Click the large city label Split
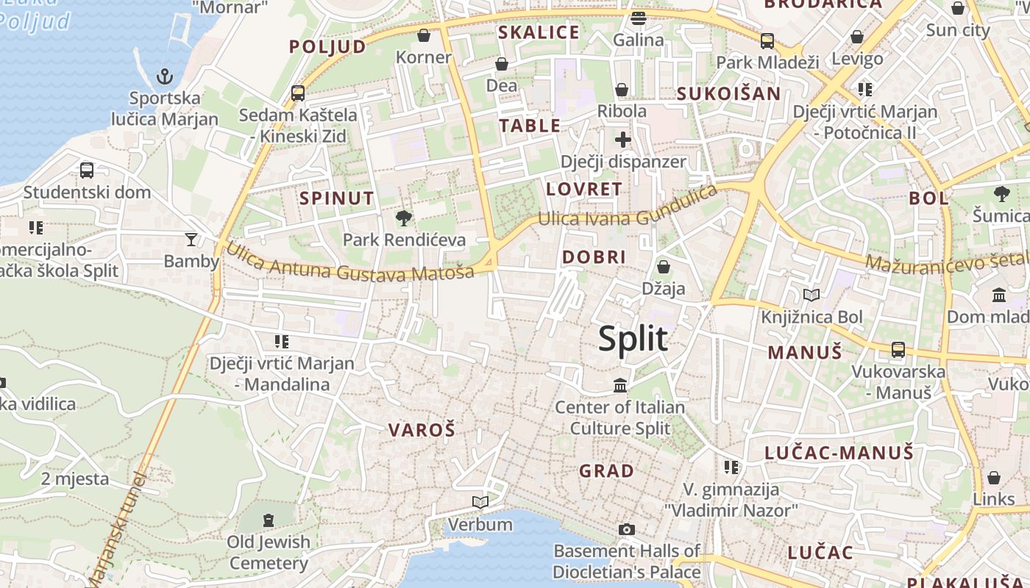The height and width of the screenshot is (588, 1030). (x=633, y=339)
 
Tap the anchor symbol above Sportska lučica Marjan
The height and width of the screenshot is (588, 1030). (x=165, y=76)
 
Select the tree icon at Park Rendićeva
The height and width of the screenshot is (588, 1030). (x=403, y=218)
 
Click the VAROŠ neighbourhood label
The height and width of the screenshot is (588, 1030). (x=422, y=430)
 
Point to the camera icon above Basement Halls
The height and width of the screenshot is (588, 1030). (x=627, y=529)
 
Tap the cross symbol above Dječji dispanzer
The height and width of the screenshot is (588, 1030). (x=623, y=139)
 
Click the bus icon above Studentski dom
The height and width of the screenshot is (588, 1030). (x=87, y=171)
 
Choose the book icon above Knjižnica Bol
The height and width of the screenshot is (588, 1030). (x=811, y=295)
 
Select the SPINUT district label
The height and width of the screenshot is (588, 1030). (x=337, y=198)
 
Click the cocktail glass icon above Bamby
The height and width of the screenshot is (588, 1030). (x=191, y=239)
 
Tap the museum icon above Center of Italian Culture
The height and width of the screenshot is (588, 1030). (x=620, y=385)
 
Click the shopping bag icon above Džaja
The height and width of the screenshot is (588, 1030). (x=664, y=267)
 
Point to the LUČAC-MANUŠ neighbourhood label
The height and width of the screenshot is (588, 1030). (x=839, y=453)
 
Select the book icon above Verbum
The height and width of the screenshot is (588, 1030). (x=480, y=502)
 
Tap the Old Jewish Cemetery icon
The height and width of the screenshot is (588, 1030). (x=269, y=520)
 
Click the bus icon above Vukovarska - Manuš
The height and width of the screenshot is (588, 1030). (x=898, y=350)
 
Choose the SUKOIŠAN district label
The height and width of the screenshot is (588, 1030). (x=728, y=93)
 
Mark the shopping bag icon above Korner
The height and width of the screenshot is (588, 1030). (x=424, y=35)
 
